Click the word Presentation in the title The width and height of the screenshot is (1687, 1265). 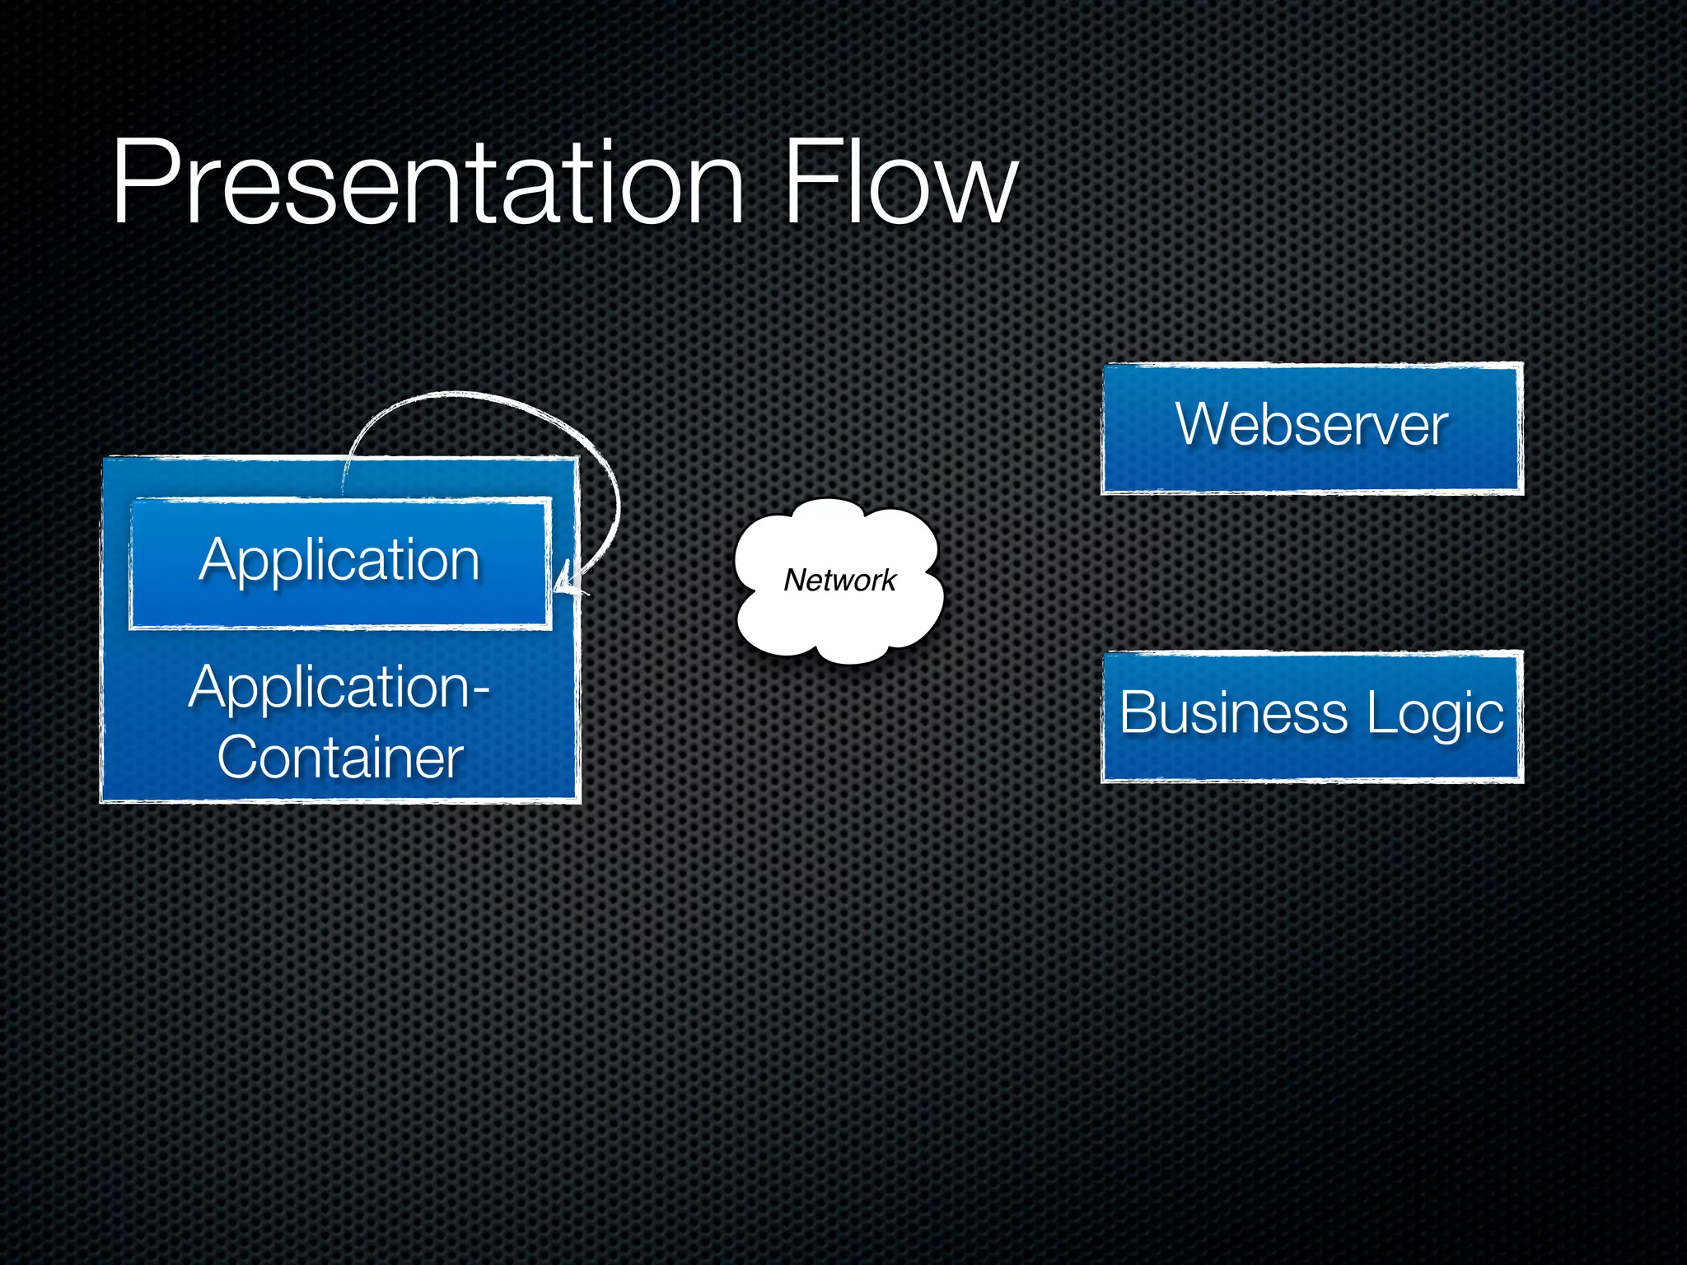tap(428, 183)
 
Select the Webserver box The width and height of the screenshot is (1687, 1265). tap(1312, 428)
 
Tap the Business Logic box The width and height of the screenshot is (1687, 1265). tap(1312, 716)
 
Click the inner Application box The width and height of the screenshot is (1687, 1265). tap(339, 563)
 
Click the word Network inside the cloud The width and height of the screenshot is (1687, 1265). tap(839, 580)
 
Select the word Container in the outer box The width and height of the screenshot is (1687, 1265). tap(339, 758)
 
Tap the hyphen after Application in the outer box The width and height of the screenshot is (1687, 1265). tap(479, 689)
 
